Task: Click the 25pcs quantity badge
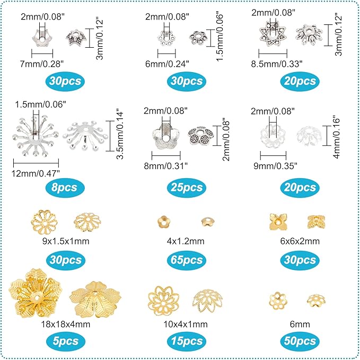point(180,187)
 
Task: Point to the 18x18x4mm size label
point(63,322)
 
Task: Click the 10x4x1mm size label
point(180,322)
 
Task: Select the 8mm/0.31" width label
point(166,165)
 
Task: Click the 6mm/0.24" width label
point(166,62)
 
